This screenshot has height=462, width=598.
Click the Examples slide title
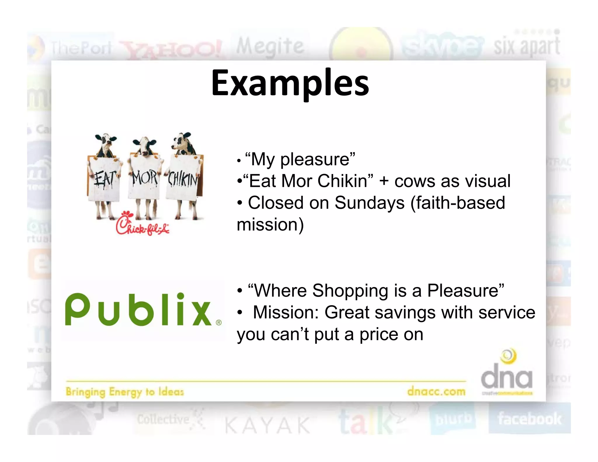[290, 83]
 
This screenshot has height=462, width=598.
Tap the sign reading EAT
[104, 179]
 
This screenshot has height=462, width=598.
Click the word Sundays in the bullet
[369, 203]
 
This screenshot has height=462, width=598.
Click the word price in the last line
[379, 334]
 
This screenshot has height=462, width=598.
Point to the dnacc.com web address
[436, 391]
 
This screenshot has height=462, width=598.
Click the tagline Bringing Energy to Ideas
[125, 392]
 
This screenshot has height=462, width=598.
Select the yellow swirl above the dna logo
[509, 356]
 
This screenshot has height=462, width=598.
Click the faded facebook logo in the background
[529, 418]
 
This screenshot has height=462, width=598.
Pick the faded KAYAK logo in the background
[267, 425]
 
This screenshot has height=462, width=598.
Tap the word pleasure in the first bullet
[315, 159]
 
